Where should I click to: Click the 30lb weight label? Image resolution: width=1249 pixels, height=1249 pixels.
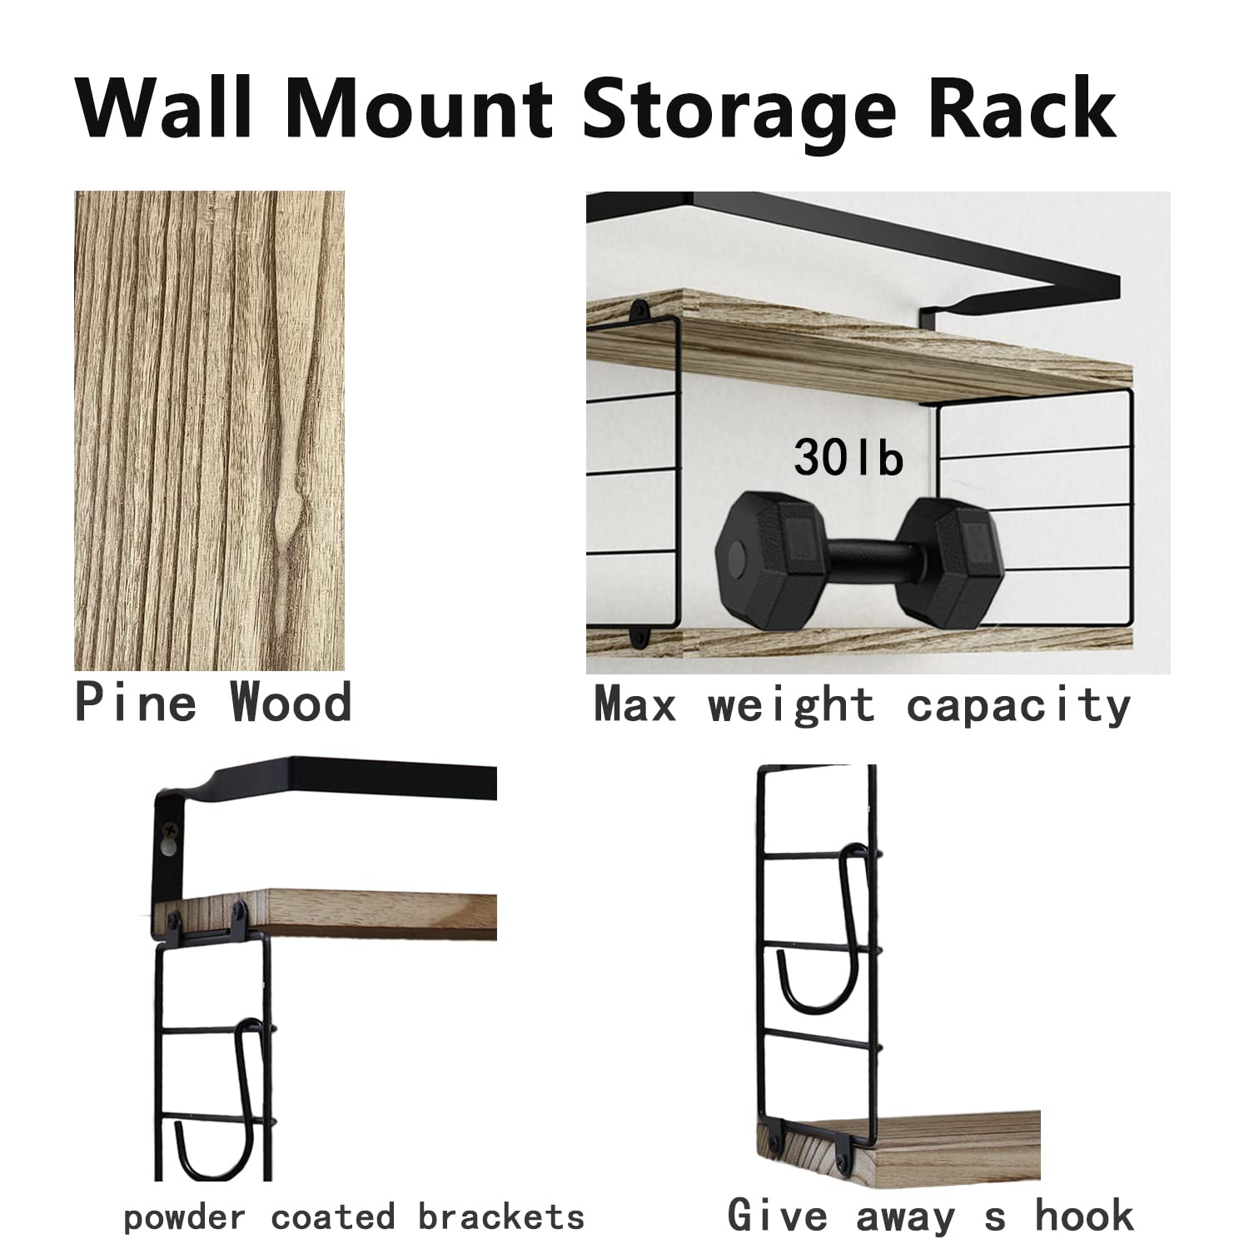point(848,457)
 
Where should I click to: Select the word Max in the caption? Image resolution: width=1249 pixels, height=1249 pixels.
point(635,706)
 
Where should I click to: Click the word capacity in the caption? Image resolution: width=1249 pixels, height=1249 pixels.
point(1018,706)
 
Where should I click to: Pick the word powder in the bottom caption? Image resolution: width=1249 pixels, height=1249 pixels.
point(184,1218)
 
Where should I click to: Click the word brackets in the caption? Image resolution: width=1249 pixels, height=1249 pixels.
point(500,1217)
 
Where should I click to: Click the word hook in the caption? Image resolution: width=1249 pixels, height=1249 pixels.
point(1084,1215)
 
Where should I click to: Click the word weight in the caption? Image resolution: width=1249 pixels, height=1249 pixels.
point(792,706)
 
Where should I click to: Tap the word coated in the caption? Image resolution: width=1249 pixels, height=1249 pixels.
point(332,1217)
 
